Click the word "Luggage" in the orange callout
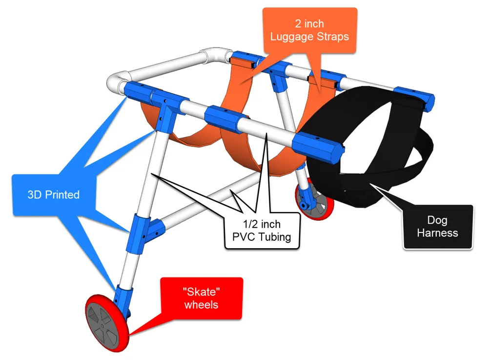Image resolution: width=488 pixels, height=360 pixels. [292, 37]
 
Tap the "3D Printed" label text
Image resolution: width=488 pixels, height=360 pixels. [54, 194]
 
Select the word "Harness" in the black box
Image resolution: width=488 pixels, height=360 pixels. [437, 233]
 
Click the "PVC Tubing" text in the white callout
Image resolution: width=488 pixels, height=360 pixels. [262, 237]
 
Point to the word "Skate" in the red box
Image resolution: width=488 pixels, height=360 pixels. [202, 292]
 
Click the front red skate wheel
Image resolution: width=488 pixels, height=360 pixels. [107, 323]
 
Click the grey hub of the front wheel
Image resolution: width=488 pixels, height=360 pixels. [103, 326]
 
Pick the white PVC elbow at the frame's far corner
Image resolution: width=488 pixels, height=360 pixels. [215, 55]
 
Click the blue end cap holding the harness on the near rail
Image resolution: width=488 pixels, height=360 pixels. [318, 148]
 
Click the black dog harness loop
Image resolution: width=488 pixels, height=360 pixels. [367, 147]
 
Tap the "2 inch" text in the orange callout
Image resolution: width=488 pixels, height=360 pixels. [309, 23]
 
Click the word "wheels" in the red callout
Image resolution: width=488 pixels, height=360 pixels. [202, 305]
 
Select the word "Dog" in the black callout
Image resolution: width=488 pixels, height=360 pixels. [437, 220]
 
